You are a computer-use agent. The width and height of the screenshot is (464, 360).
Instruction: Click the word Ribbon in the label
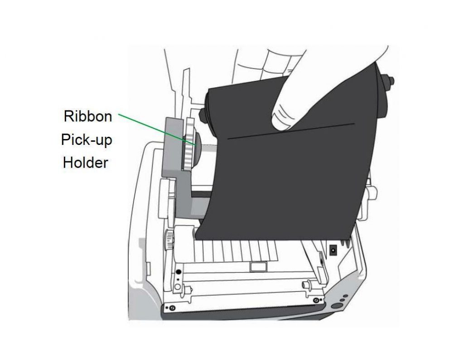coord(88,116)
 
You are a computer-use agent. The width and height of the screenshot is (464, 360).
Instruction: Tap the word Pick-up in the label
coord(87,139)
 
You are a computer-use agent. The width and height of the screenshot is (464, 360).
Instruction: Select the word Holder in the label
coord(86,163)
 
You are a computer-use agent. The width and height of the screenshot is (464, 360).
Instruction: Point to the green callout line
coord(157,129)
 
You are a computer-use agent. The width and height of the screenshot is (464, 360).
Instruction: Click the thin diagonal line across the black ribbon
coord(291,131)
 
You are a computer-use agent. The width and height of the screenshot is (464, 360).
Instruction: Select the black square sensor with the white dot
coord(333,250)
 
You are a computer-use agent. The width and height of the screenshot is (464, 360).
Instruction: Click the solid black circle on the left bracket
coord(178,272)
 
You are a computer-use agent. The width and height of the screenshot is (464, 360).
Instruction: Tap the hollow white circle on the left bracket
coord(178,286)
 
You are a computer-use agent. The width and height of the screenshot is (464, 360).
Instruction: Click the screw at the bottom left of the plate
coord(172,308)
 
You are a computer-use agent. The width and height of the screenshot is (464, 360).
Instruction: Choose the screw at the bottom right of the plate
coord(316,300)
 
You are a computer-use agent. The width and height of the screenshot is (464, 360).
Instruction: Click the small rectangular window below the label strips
coord(258,266)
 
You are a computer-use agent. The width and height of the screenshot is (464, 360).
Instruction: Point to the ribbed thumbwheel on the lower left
coord(169,240)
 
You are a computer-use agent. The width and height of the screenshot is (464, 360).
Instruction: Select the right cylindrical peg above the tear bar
coord(306,285)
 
